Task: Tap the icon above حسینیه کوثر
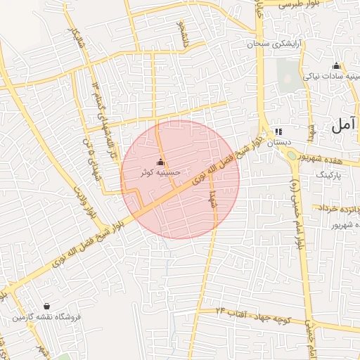[x=160, y=162]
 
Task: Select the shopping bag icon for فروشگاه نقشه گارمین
[x=46, y=307]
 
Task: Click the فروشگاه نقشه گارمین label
[x=46, y=318]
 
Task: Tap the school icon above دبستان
[x=278, y=131]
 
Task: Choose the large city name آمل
[x=344, y=127]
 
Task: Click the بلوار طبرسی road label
[x=299, y=5]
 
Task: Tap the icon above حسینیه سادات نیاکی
[x=335, y=66]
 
